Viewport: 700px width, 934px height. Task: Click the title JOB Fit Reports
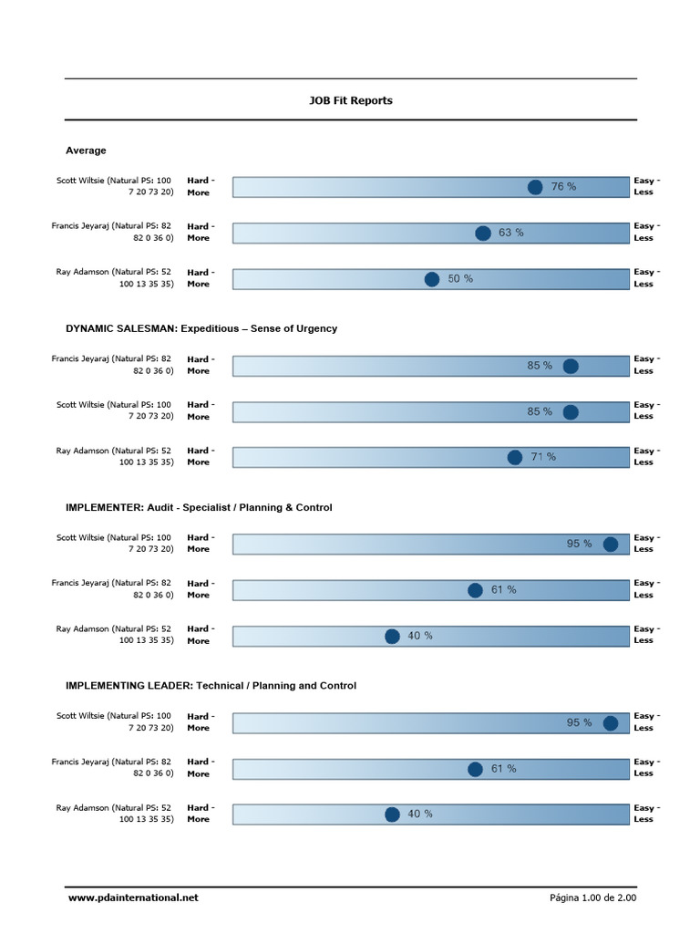click(x=350, y=100)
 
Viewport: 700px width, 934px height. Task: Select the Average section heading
click(x=86, y=150)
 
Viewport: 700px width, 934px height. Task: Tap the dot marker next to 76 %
click(x=535, y=187)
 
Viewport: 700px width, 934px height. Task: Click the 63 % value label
click(x=510, y=233)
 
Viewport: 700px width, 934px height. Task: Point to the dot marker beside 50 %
click(x=432, y=279)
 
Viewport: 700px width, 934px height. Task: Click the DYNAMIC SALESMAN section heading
click(x=201, y=328)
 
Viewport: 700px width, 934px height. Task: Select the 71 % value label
click(x=543, y=457)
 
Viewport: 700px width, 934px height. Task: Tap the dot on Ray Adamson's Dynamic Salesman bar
click(x=515, y=457)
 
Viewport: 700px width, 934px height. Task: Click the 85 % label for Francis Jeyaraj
click(x=540, y=366)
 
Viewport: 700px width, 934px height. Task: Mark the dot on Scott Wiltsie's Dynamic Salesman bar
click(x=571, y=412)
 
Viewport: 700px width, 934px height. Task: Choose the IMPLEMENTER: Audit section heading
click(x=199, y=507)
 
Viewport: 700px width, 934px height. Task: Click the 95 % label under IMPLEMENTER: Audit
click(x=579, y=544)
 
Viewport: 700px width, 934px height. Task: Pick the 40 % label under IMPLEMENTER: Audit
click(x=420, y=636)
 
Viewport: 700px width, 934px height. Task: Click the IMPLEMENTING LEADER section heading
click(x=211, y=685)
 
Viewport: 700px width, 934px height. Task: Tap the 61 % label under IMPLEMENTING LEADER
click(x=503, y=769)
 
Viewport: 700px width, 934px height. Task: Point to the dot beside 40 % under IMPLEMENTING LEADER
click(x=392, y=815)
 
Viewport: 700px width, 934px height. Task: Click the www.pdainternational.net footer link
click(x=132, y=898)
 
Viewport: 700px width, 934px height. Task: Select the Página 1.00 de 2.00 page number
click(x=592, y=898)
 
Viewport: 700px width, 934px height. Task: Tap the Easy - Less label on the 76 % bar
click(x=647, y=186)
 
